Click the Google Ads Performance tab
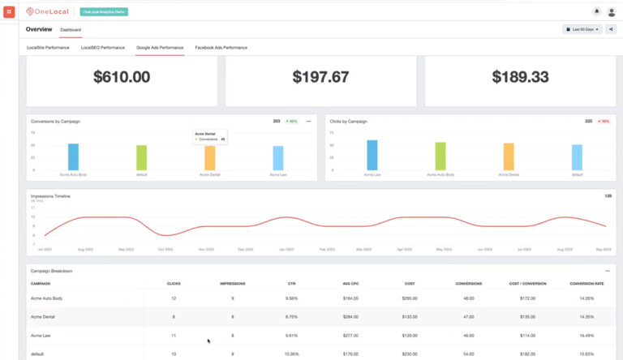coord(160,48)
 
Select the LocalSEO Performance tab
coord(103,48)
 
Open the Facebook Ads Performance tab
coord(221,48)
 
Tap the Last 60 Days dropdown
coord(582,29)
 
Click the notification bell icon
coord(597,12)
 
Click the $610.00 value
coord(122,77)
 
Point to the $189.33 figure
coord(520,77)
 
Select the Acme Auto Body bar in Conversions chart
coord(73,156)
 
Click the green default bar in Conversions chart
coord(141,157)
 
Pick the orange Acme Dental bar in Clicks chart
coord(509,156)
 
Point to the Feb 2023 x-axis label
coord(327,250)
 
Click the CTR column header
coord(292,284)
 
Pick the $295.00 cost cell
coord(410,298)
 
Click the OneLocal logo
coord(49,12)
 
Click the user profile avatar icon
coord(612,12)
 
